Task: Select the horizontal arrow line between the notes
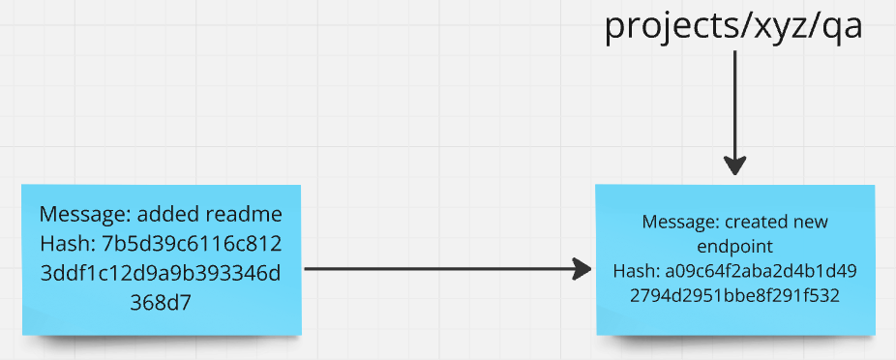coord(435,269)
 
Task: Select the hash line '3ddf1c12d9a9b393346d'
coord(161,274)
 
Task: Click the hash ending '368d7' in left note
coord(161,304)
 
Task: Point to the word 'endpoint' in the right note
coord(734,246)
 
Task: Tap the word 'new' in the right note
coord(810,222)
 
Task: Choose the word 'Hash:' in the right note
coord(637,271)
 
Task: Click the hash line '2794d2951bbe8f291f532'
coord(734,295)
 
